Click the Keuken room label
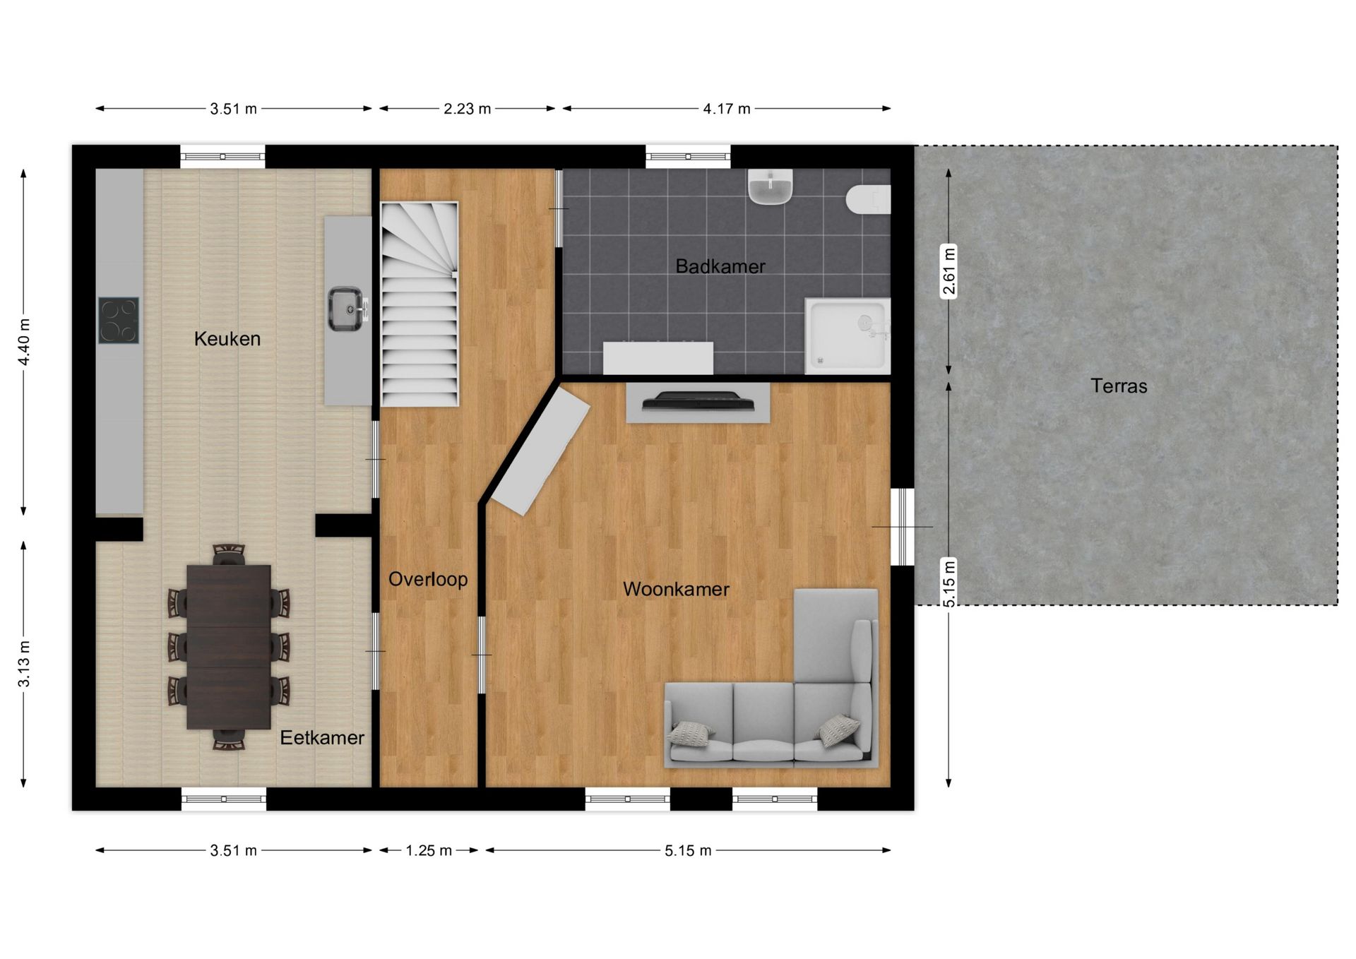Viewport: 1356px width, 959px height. pyautogui.click(x=227, y=339)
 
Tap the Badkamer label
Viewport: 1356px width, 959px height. pyautogui.click(x=720, y=266)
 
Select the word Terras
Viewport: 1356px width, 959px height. pyautogui.click(x=1118, y=386)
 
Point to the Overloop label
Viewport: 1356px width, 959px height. pyautogui.click(x=428, y=579)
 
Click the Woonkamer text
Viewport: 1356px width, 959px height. pyautogui.click(x=676, y=589)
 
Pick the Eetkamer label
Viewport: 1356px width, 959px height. pyautogui.click(x=321, y=737)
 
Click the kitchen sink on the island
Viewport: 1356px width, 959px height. pyautogui.click(x=346, y=309)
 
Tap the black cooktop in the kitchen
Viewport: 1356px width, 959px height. pyautogui.click(x=118, y=321)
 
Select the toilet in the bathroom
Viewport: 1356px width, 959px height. pyautogui.click(x=868, y=199)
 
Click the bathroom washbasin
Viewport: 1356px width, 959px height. pyautogui.click(x=770, y=188)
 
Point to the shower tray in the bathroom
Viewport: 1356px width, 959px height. pyautogui.click(x=846, y=335)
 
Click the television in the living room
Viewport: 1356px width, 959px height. pyautogui.click(x=698, y=401)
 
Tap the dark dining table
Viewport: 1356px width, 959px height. pyautogui.click(x=229, y=646)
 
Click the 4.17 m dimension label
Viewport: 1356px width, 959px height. pyautogui.click(x=726, y=109)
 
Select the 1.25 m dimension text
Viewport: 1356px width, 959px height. pyautogui.click(x=428, y=850)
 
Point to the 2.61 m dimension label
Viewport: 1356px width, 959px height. pyautogui.click(x=949, y=271)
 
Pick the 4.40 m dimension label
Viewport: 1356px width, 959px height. pyautogui.click(x=24, y=342)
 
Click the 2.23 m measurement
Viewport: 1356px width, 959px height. pyautogui.click(x=467, y=109)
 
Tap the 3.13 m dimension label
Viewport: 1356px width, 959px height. pyautogui.click(x=24, y=664)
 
